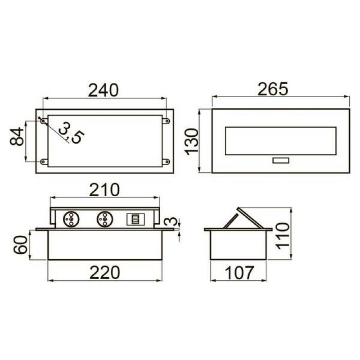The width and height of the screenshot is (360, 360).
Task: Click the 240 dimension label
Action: (x=103, y=90)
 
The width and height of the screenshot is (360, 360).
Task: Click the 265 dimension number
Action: (x=273, y=89)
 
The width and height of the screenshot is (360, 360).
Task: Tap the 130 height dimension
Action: (x=192, y=142)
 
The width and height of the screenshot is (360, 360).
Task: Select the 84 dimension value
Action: (x=17, y=137)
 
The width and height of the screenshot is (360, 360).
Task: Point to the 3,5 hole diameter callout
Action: (x=71, y=133)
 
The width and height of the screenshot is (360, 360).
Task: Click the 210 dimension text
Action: (x=104, y=190)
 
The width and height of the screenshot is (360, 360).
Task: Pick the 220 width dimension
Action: (x=105, y=273)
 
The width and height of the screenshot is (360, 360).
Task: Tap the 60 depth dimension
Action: (x=20, y=245)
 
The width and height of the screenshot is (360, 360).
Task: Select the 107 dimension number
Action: (x=239, y=273)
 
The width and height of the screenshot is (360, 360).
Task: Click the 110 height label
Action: (x=283, y=236)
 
